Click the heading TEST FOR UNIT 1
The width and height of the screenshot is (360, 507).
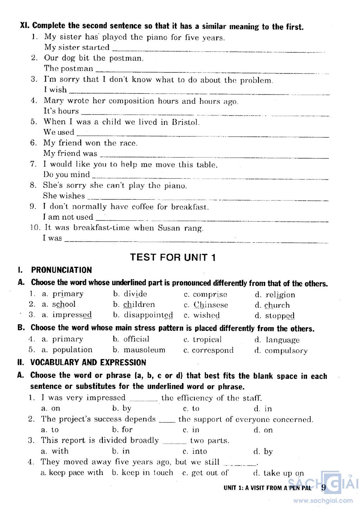coord(173,257)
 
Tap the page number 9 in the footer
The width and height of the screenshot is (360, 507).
coord(323,487)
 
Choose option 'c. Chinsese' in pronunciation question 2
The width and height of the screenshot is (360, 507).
coord(206,305)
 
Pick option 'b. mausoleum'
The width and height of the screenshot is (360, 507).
coord(139,350)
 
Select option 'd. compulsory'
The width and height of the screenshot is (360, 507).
coord(281,351)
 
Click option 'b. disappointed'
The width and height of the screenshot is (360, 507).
coord(143,315)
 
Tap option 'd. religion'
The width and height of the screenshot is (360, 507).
coord(275,295)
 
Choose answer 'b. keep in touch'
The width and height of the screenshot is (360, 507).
coord(142,473)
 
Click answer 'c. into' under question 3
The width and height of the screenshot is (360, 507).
coord(195,451)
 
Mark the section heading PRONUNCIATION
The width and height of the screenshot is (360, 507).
coord(61,270)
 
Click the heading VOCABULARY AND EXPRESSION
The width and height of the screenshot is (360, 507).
coord(88,362)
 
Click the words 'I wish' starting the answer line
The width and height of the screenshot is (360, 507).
coord(55,90)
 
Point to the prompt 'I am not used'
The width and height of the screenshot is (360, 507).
coord(68,217)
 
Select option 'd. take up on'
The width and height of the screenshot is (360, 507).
coord(278,473)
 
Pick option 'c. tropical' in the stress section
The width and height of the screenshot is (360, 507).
coord(202,339)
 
